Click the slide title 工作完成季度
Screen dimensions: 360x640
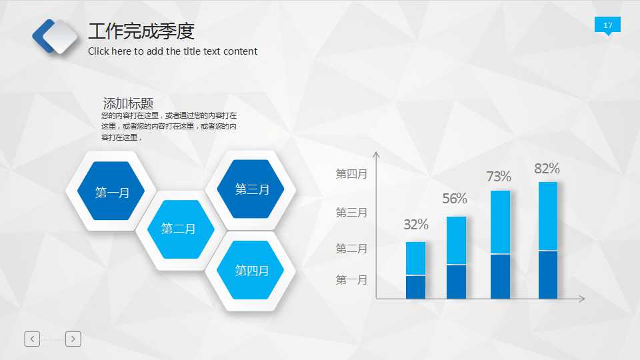[141, 31]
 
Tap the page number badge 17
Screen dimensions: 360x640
[607, 25]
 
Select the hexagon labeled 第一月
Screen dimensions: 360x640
[112, 192]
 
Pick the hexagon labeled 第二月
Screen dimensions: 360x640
[179, 229]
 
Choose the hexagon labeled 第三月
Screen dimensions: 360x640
[252, 189]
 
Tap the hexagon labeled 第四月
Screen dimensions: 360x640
[252, 270]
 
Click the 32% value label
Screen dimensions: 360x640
[416, 225]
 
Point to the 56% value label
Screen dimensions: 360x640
[455, 199]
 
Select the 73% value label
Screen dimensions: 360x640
[499, 177]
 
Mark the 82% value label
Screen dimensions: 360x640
[547, 169]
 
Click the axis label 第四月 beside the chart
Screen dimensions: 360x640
[351, 174]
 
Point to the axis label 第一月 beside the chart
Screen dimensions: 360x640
[351, 280]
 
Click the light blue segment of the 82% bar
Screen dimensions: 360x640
[548, 216]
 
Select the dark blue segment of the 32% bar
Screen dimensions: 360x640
[415, 287]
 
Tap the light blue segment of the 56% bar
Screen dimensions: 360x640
[456, 240]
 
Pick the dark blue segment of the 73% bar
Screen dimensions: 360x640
[500, 277]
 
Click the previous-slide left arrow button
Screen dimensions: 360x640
[32, 339]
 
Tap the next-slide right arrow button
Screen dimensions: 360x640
[73, 339]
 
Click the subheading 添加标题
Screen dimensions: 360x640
[128, 103]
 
